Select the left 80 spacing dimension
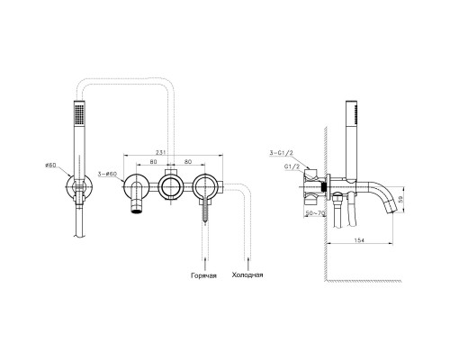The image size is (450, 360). [153, 162]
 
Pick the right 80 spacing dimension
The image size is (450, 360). [188, 162]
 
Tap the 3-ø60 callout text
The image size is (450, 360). [107, 174]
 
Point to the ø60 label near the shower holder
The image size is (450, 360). [50, 165]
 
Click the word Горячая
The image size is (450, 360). [203, 275]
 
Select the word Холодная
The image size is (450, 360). [247, 274]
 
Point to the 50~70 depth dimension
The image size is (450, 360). [315, 213]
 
